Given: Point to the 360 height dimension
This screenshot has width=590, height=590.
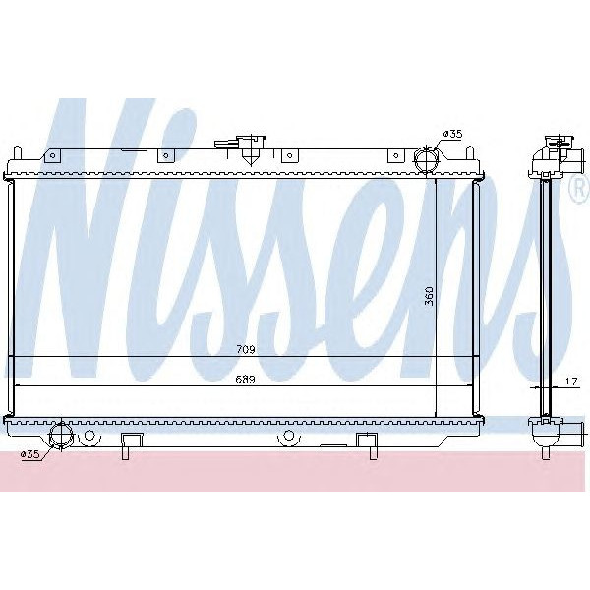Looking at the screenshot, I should click(x=429, y=295).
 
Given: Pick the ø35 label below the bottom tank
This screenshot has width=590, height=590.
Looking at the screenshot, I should click(x=30, y=453).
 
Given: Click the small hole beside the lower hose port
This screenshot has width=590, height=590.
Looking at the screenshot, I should click(x=89, y=434).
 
